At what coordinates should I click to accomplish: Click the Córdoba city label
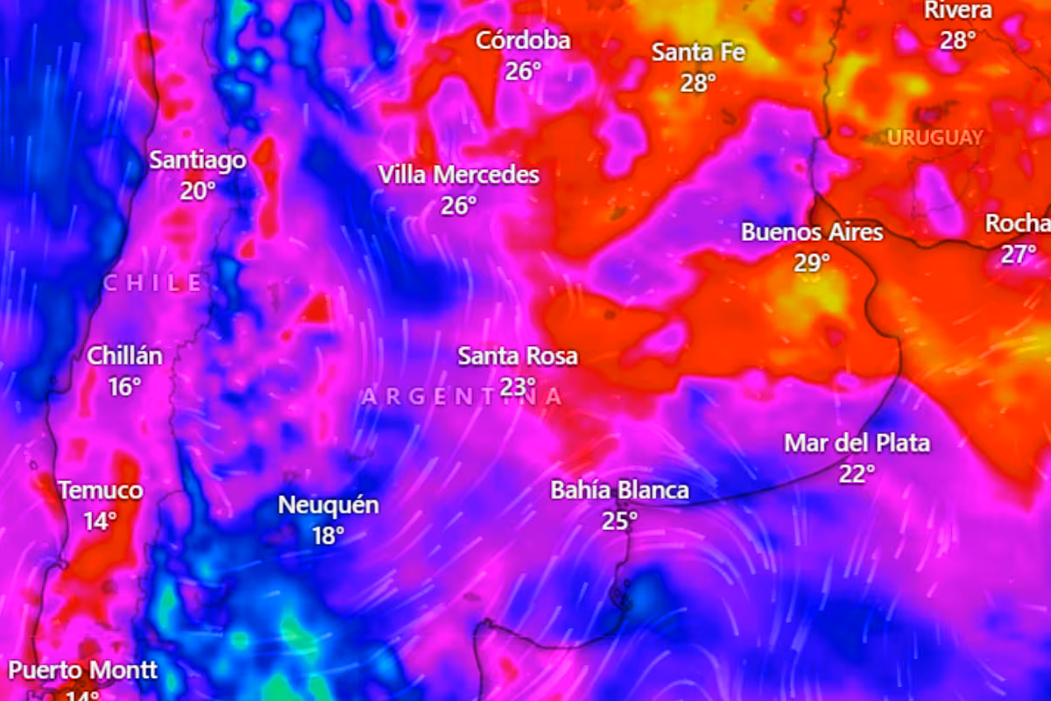523,40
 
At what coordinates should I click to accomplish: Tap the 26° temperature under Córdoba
523,71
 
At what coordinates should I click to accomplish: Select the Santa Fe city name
698,53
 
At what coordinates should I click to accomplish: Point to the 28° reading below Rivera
958,40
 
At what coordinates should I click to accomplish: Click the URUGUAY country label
935,138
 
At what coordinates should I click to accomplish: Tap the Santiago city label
197,160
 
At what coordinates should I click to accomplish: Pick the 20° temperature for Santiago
198,190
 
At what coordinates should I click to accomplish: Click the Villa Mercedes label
458,175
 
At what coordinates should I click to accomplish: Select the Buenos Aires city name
812,232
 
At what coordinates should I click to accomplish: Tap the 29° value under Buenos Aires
812,263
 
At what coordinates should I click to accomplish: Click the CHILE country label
153,282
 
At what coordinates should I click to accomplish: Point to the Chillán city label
124,357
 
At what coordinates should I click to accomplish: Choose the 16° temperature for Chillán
124,386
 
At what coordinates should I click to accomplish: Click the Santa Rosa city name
518,357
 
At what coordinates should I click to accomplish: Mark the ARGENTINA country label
462,397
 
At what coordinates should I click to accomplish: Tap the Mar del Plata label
857,443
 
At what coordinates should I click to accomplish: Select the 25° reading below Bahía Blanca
619,521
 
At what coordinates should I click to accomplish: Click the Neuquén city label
328,506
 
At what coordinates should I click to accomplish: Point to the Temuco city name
101,491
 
